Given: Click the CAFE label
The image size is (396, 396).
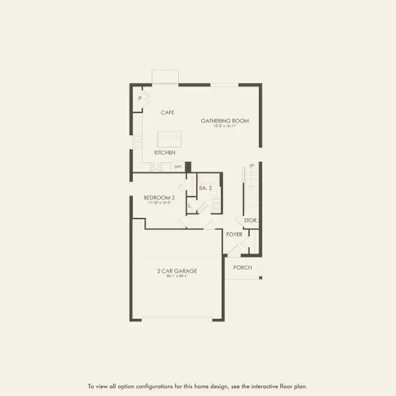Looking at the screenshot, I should [x=167, y=113].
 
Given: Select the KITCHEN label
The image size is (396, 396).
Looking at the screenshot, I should [x=164, y=152].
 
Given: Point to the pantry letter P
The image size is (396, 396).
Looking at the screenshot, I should [x=140, y=99].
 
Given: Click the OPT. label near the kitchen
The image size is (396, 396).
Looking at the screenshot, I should [x=178, y=166].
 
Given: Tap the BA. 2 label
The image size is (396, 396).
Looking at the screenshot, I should [x=205, y=188].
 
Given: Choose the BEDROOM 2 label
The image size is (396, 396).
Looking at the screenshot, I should [x=159, y=197].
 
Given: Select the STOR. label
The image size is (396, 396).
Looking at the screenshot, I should [x=250, y=220].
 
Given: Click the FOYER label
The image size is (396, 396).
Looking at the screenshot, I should [x=234, y=234].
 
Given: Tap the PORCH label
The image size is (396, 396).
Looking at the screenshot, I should [x=242, y=268].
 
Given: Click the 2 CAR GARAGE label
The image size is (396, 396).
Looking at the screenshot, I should [x=177, y=271].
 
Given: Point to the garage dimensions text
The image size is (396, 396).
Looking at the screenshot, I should [x=177, y=276].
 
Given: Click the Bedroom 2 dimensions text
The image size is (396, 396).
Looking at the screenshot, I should [x=159, y=203].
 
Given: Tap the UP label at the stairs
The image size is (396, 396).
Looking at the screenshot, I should [x=251, y=166].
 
